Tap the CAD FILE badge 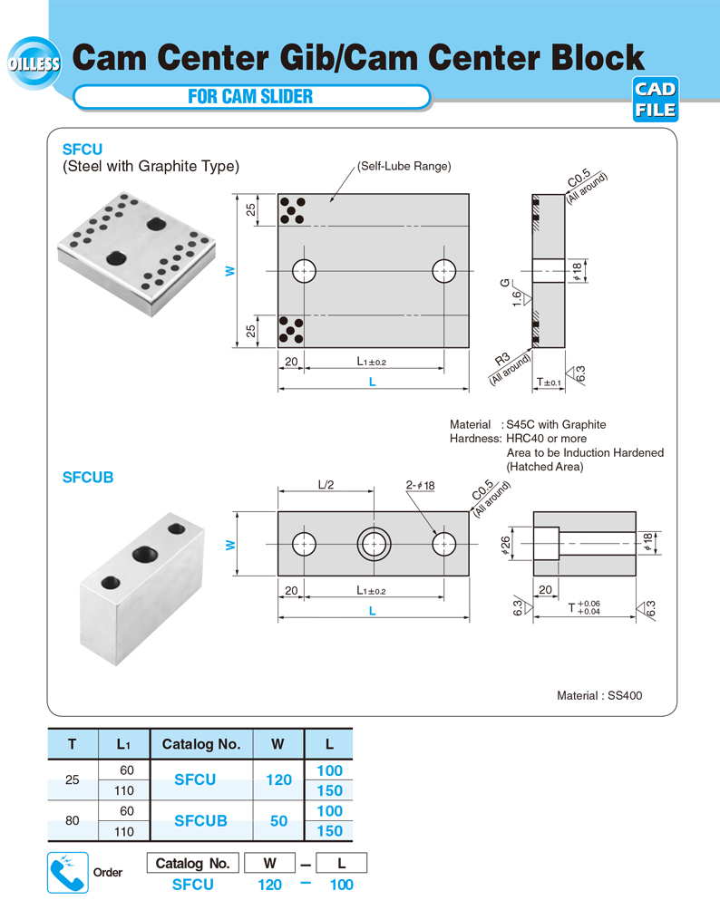(654, 101)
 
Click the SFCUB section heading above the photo (88, 476)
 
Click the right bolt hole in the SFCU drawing (443, 270)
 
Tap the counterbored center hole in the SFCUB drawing (374, 543)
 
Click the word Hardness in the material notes (474, 439)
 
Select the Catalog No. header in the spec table (200, 744)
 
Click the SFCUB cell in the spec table (200, 821)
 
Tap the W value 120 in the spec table (278, 779)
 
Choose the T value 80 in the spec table (72, 821)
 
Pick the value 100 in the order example (341, 885)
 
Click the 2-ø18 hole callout (421, 486)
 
